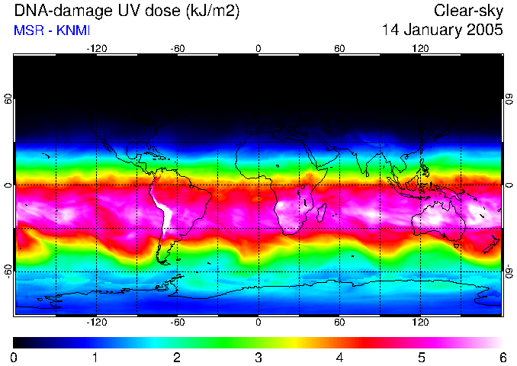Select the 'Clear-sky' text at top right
pos(468,11)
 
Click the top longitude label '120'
pos(420,48)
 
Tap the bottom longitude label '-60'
pos(177,322)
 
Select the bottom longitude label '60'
pos(339,322)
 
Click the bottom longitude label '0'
pos(258,322)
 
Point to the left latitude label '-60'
pos(8,271)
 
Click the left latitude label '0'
pos(8,185)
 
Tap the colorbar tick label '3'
pos(258,357)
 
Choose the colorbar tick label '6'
pos(502,357)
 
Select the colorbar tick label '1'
pos(95,357)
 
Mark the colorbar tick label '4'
pos(339,357)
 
